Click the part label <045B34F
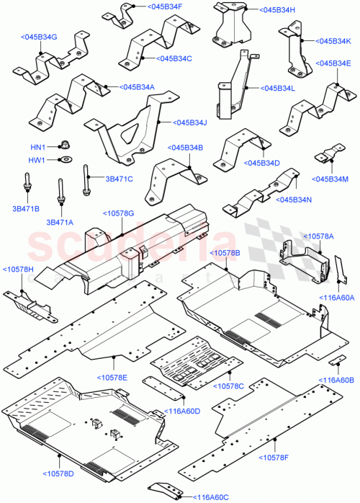tap(166, 6)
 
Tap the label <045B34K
tap(333, 41)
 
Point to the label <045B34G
tap(40, 37)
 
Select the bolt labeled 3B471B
tap(27, 189)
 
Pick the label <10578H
tap(18, 269)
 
